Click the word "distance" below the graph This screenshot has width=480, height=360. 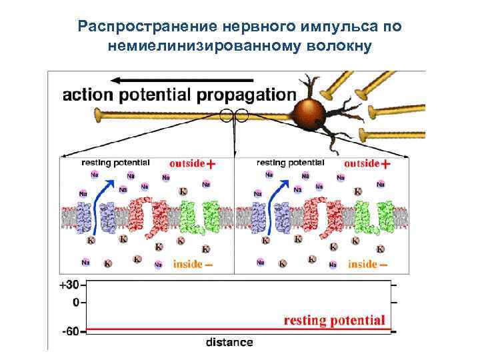click(229, 343)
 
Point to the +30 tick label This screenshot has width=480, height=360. click(69, 285)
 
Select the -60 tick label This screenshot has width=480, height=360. click(69, 330)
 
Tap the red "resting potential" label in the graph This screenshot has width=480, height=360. click(334, 320)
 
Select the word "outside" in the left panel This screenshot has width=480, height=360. click(187, 163)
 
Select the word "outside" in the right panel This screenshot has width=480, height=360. click(361, 163)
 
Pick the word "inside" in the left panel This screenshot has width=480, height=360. click(187, 264)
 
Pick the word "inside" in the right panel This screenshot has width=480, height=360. click(362, 264)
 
